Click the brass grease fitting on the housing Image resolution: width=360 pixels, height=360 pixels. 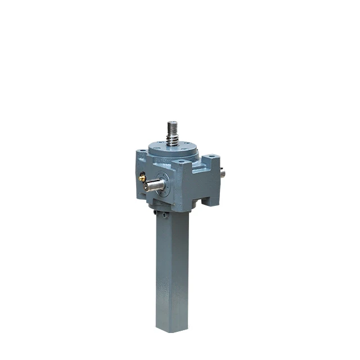pos(142,177)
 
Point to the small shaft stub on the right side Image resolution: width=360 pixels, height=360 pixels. pos(222,174)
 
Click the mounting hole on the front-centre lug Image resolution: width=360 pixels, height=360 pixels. pos(181,163)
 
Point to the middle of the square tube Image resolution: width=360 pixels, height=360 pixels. pos(172,270)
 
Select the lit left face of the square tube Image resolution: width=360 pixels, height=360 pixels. pos(163,270)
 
